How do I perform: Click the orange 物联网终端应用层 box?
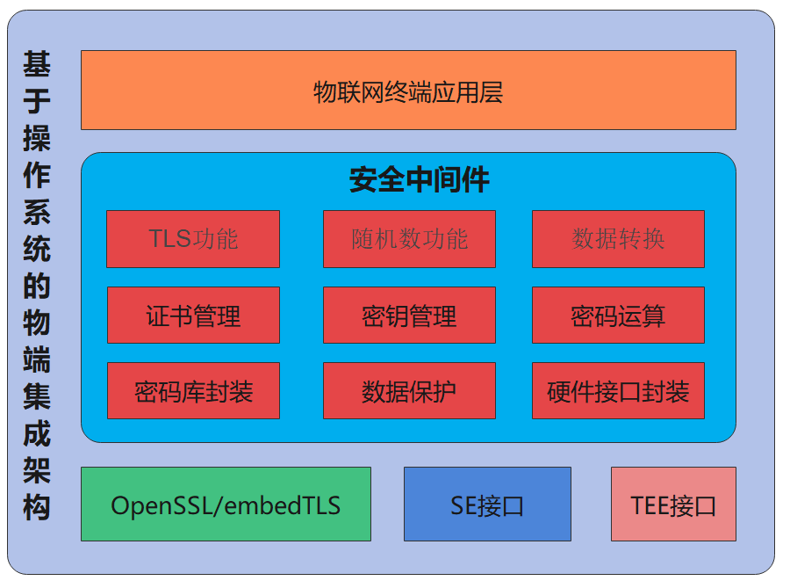pyautogui.click(x=408, y=91)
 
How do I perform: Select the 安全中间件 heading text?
pyautogui.click(x=420, y=180)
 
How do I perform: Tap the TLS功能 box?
pyautogui.click(x=193, y=239)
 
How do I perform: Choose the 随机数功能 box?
pyautogui.click(x=409, y=239)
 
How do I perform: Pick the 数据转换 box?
pyautogui.click(x=618, y=239)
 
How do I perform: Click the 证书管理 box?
pyautogui.click(x=193, y=316)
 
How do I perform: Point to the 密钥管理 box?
pyautogui.click(x=409, y=316)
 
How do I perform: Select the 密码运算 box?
pyautogui.click(x=618, y=316)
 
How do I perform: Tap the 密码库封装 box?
pyautogui.click(x=193, y=391)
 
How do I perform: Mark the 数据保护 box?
pyautogui.click(x=409, y=391)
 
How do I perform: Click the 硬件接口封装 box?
pyautogui.click(x=618, y=391)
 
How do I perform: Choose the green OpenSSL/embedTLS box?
pyautogui.click(x=226, y=505)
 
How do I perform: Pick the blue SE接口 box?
pyautogui.click(x=487, y=505)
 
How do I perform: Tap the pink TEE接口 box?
pyautogui.click(x=673, y=505)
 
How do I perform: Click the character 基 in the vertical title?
pyautogui.click(x=37, y=63)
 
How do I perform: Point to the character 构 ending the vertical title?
pyautogui.click(x=37, y=508)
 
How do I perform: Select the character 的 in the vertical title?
pyautogui.click(x=37, y=286)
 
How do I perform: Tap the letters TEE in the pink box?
pyautogui.click(x=650, y=505)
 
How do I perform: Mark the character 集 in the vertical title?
pyautogui.click(x=37, y=397)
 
